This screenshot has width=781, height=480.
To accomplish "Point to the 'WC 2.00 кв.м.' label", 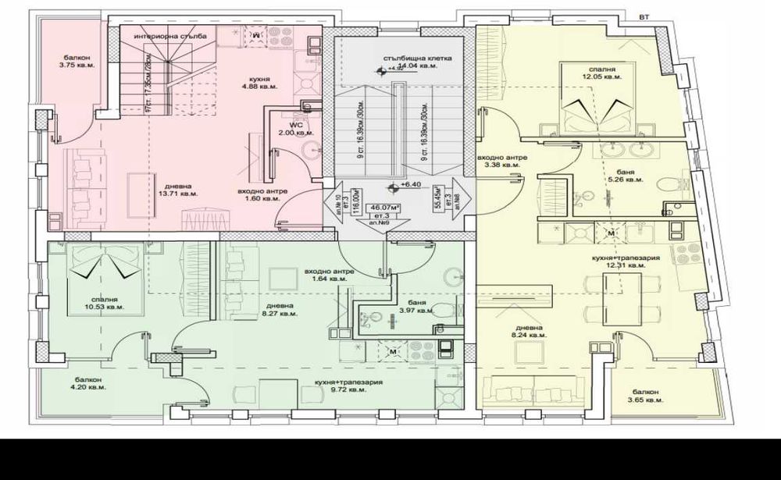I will (297, 128).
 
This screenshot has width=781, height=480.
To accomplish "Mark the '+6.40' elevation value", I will (410, 186).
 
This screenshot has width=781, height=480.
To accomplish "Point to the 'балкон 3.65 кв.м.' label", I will (645, 396).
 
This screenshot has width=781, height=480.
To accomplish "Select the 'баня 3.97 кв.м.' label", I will (419, 306).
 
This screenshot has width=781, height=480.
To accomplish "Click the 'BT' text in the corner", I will (644, 16).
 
